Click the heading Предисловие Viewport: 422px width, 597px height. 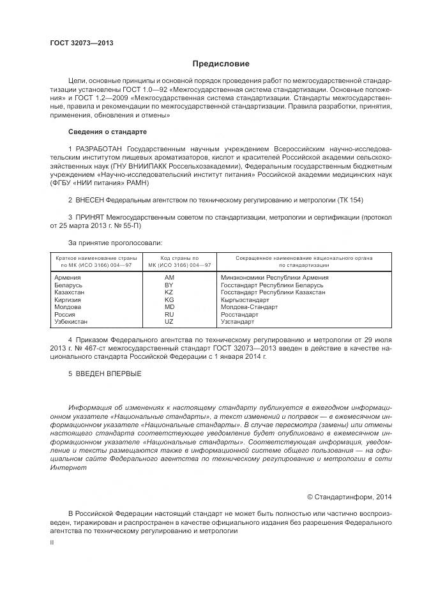click(221, 64)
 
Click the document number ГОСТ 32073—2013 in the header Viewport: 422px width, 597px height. click(82, 43)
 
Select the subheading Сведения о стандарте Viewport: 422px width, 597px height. click(107, 132)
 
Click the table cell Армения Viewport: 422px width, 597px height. click(68, 278)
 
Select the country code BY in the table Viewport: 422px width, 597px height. click(169, 285)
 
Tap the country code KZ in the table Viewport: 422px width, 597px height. click(169, 292)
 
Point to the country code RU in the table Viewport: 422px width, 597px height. click(169, 314)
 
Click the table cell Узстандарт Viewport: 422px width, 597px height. click(237, 322)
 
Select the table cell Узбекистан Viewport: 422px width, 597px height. click(72, 322)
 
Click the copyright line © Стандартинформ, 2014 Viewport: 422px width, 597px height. click(349, 497)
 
